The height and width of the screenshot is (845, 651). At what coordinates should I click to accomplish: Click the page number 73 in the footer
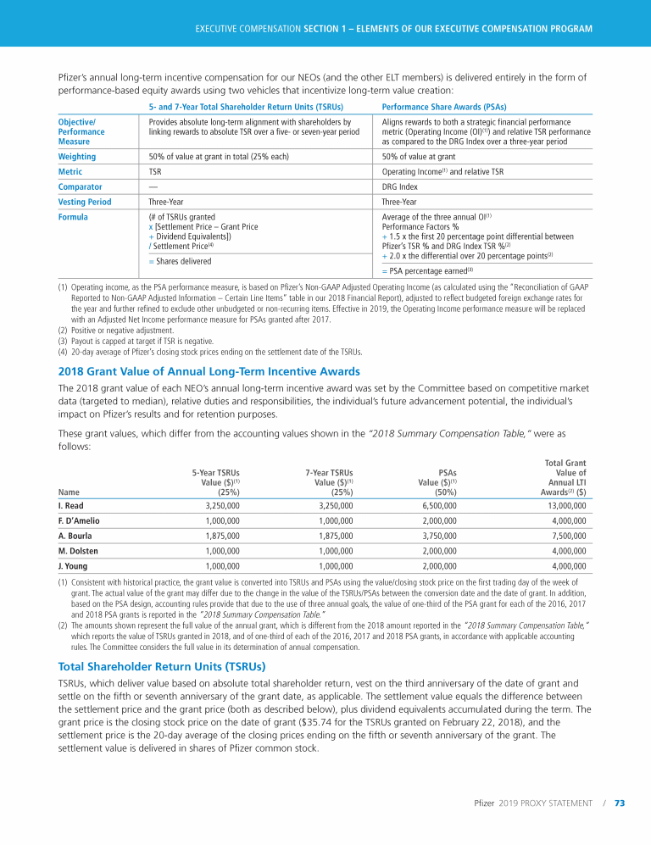pyautogui.click(x=620, y=803)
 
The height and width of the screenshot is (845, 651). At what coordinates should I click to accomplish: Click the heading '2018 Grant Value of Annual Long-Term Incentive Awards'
pyautogui.click(x=198, y=371)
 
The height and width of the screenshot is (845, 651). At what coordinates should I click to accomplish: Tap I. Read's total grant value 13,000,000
pyautogui.click(x=561, y=505)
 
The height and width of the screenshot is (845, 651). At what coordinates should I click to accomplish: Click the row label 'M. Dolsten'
pyautogui.click(x=78, y=551)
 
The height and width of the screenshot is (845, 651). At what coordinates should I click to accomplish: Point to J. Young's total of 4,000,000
pyautogui.click(x=564, y=566)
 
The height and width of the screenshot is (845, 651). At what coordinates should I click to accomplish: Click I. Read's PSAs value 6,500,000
pyautogui.click(x=437, y=505)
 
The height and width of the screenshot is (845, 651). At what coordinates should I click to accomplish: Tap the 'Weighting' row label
pyautogui.click(x=76, y=156)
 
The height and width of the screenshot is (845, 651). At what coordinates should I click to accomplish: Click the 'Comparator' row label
pyautogui.click(x=80, y=186)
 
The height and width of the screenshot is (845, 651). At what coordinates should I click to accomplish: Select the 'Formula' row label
pyautogui.click(x=73, y=217)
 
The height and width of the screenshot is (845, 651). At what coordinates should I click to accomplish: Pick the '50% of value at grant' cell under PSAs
pyautogui.click(x=421, y=156)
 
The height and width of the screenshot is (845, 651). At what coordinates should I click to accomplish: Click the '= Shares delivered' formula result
pyautogui.click(x=181, y=261)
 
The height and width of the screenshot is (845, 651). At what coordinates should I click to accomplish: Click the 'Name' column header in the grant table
pyautogui.click(x=67, y=490)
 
